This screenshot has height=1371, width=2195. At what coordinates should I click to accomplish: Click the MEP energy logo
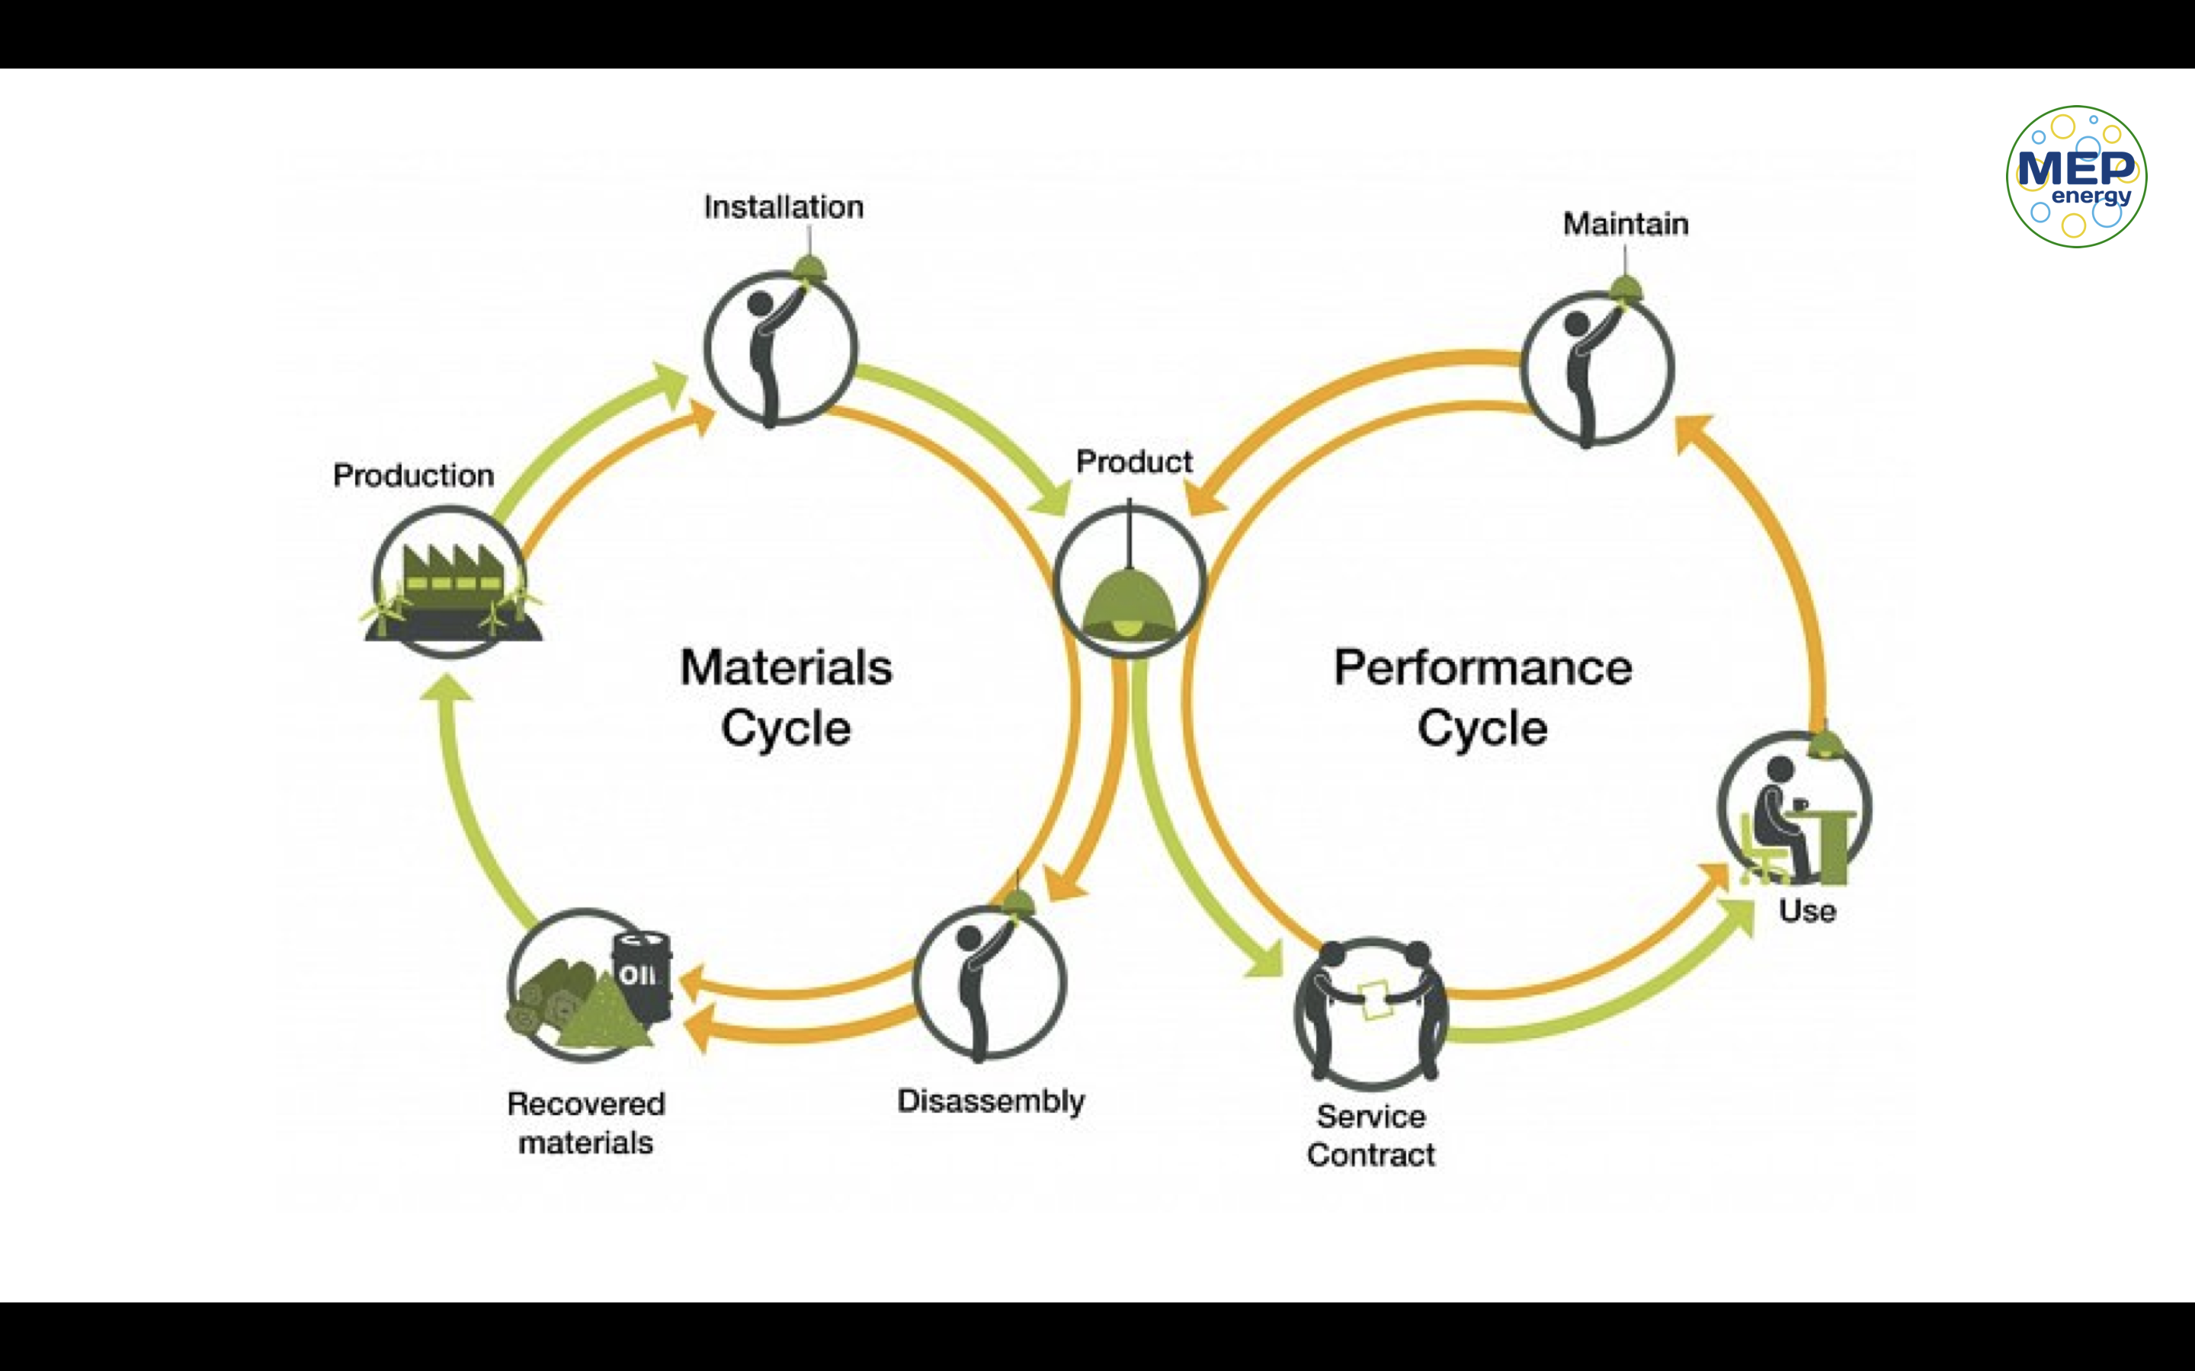(2075, 176)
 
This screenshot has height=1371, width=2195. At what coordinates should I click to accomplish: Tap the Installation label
(783, 208)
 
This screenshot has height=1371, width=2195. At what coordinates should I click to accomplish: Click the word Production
(414, 475)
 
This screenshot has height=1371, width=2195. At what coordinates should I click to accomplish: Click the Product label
(1134, 462)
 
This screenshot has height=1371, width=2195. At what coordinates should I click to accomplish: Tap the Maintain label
(1626, 224)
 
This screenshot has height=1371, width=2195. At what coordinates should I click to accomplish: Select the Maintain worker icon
(1597, 367)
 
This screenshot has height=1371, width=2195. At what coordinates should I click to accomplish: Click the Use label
(1807, 910)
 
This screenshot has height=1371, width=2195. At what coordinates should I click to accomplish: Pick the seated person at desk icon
(1793, 810)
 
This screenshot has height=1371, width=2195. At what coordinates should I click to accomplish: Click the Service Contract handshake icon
(1370, 1012)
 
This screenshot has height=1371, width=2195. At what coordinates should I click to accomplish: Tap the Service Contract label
(1370, 1135)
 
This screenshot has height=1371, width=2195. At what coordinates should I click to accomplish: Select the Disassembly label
(991, 1101)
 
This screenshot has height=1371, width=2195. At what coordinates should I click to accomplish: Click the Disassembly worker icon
(989, 982)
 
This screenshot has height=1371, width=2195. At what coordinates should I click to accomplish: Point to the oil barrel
(642, 975)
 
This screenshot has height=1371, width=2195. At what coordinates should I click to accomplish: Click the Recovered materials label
(586, 1123)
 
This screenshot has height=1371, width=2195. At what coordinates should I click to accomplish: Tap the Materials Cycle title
(786, 697)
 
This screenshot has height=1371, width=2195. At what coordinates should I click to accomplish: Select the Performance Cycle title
(1482, 697)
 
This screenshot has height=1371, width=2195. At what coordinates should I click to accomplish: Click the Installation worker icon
(780, 347)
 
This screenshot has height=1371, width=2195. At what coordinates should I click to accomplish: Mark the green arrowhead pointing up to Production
(447, 687)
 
